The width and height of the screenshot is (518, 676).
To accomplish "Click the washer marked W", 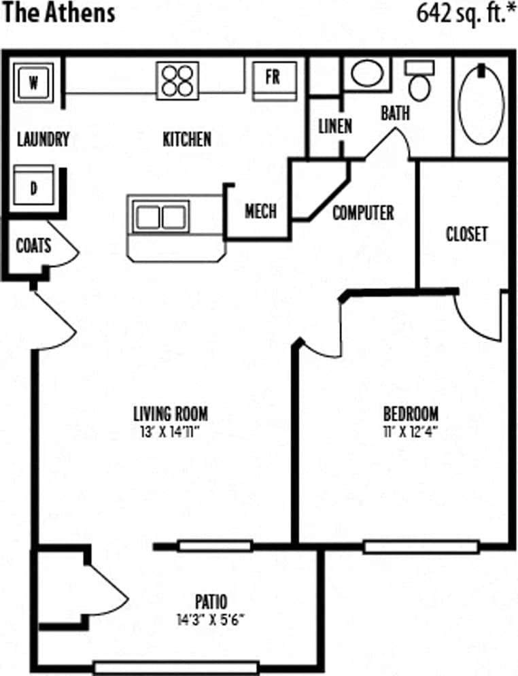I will (x=33, y=84).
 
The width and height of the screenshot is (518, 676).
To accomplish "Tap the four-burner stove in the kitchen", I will (x=177, y=80).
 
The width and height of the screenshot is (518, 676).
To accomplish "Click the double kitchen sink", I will (x=160, y=217).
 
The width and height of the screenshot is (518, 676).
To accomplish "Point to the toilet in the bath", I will (x=419, y=82).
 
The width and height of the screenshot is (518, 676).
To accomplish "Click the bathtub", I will (x=482, y=103).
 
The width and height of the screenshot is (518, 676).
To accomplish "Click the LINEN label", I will (x=335, y=126).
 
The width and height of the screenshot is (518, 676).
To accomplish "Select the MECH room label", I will (x=260, y=212).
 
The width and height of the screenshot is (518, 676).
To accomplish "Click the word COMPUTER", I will (x=363, y=213).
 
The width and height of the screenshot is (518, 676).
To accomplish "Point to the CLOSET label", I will (x=466, y=234).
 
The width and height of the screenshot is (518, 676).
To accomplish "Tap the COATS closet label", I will (x=33, y=244).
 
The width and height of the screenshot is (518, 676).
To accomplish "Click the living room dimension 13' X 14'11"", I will (x=171, y=430).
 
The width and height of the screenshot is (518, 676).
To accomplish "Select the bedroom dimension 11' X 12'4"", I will (x=411, y=430).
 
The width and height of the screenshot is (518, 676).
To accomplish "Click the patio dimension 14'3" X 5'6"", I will (x=210, y=620).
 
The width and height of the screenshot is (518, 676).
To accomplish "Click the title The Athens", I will (x=59, y=14).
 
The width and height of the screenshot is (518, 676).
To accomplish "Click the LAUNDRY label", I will (x=43, y=140).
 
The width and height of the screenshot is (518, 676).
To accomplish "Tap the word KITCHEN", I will (x=187, y=139).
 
